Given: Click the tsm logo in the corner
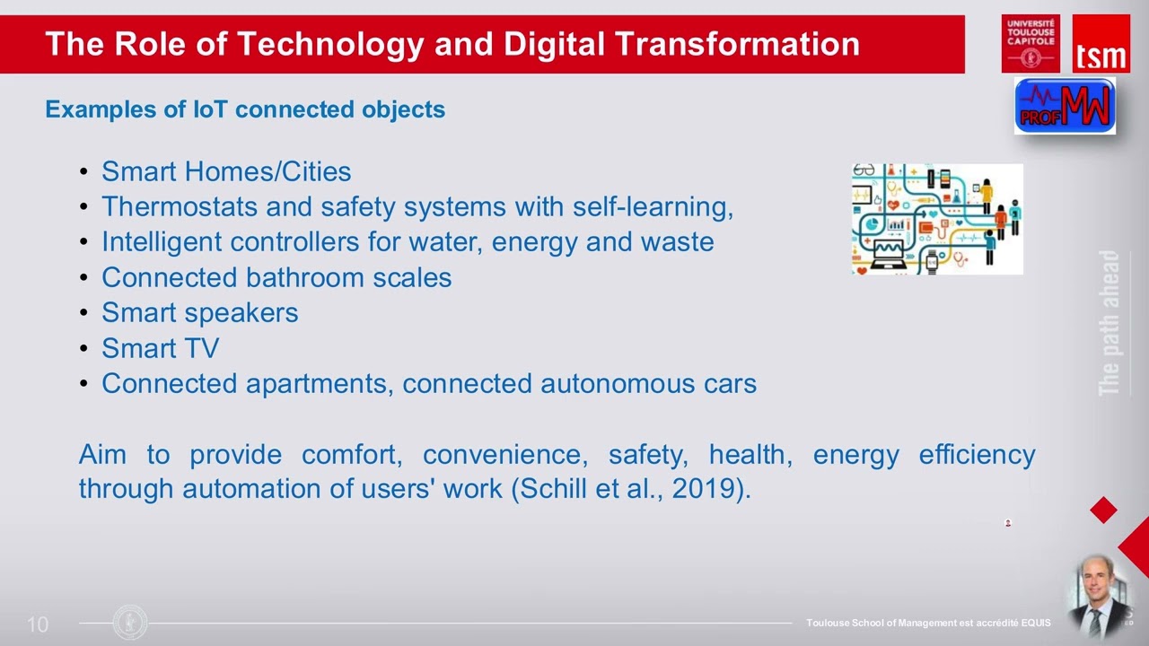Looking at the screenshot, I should click(x=1101, y=44).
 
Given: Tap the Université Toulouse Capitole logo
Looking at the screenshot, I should click(x=1031, y=43).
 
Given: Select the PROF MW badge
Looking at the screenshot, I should click(x=1065, y=106).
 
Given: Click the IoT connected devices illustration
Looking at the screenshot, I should click(x=937, y=219).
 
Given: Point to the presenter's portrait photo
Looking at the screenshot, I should click(x=1096, y=596).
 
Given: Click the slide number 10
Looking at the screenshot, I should click(x=38, y=624).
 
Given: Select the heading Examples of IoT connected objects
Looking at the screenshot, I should click(x=245, y=109).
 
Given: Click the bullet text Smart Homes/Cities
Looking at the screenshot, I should click(x=226, y=171).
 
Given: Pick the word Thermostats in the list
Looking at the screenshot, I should click(x=180, y=206).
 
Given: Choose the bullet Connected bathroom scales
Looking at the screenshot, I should click(x=276, y=277).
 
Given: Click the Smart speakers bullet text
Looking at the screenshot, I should click(x=199, y=312).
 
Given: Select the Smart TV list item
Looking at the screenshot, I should click(x=160, y=348).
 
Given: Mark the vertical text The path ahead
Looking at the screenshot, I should click(x=1110, y=323).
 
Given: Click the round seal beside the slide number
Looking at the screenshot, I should click(x=131, y=623).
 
